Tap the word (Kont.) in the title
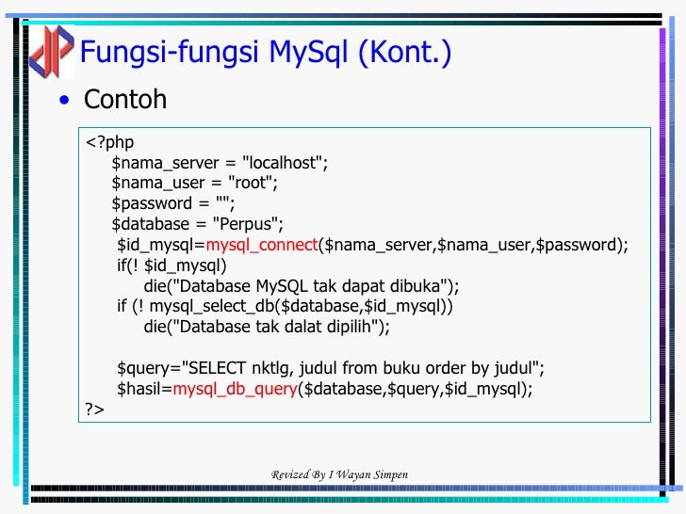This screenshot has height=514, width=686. pyautogui.click(x=404, y=53)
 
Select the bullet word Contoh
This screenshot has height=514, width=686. pyautogui.click(x=125, y=99)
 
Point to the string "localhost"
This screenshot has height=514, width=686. pyautogui.click(x=285, y=163)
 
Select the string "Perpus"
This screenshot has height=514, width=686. pyautogui.click(x=248, y=224)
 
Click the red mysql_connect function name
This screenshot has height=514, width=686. pyautogui.click(x=262, y=245)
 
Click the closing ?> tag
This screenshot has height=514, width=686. pyautogui.click(x=94, y=410)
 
